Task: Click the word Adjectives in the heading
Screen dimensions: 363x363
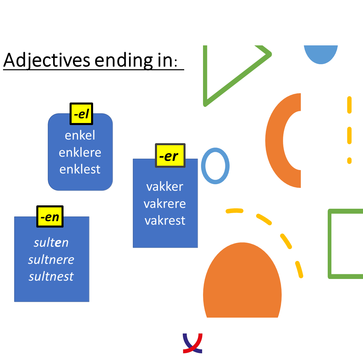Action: [x=47, y=60]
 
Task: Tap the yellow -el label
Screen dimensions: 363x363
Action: [x=81, y=114]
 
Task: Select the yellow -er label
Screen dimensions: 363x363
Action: [x=170, y=156]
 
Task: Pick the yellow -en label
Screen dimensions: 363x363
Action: [x=50, y=216]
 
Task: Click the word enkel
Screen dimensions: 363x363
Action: [x=80, y=135]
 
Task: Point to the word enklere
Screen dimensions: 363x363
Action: [x=80, y=152]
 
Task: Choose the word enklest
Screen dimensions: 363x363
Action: [x=80, y=169]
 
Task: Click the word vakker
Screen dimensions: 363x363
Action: [x=165, y=187]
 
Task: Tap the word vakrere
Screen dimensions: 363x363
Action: [x=165, y=204]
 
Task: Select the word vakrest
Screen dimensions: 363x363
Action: [x=165, y=220]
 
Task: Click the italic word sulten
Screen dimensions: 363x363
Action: [x=51, y=243]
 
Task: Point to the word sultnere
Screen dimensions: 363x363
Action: [x=51, y=259]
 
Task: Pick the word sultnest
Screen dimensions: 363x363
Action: [x=51, y=276]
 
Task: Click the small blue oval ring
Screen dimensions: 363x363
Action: [x=202, y=166]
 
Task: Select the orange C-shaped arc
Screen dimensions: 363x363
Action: [x=274, y=140]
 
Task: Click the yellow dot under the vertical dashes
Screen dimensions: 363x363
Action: [x=350, y=160]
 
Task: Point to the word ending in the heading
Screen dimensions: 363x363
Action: [x=124, y=61]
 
